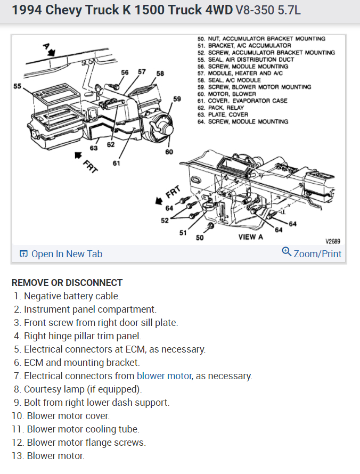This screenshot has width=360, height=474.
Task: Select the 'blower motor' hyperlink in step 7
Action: [x=163, y=376]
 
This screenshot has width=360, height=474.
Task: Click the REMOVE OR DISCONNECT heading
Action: [x=67, y=283]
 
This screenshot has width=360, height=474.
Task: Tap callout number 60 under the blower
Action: [x=169, y=152]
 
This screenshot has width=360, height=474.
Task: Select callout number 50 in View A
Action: [x=200, y=238]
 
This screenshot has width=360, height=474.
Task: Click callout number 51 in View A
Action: [x=183, y=232]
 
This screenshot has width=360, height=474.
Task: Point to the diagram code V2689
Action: [x=332, y=241]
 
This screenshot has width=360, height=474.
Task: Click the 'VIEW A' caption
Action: [x=250, y=237]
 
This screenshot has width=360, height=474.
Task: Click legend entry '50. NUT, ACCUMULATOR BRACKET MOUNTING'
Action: [x=261, y=39]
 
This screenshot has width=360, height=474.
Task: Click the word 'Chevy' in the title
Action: [x=59, y=10]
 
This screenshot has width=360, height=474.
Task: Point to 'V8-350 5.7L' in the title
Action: [x=268, y=11]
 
